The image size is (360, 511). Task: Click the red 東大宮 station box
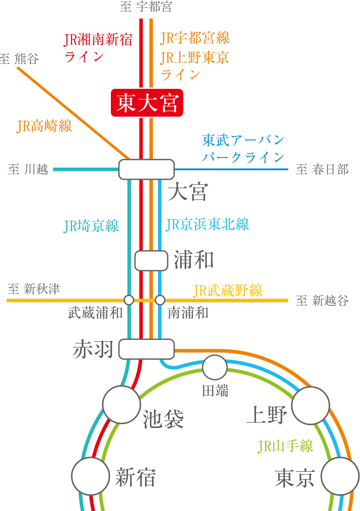point(147,103)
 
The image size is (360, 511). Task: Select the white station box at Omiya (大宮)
point(146,169)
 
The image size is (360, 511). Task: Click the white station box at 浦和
point(151,260)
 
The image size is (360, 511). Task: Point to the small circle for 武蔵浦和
point(129,300)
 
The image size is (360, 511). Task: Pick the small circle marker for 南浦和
point(160,300)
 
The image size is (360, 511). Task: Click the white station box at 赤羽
point(146,349)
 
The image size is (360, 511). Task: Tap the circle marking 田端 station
point(215,367)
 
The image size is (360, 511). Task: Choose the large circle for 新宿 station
point(90,476)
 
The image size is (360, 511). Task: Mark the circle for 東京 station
point(341,476)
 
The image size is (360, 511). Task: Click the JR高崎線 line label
point(45,126)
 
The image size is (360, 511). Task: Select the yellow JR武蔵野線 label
point(228,290)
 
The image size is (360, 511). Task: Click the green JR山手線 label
point(285,446)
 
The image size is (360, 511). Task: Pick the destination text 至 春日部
point(322,169)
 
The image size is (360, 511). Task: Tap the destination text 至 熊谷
point(19,59)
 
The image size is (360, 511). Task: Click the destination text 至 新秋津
point(34,289)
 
